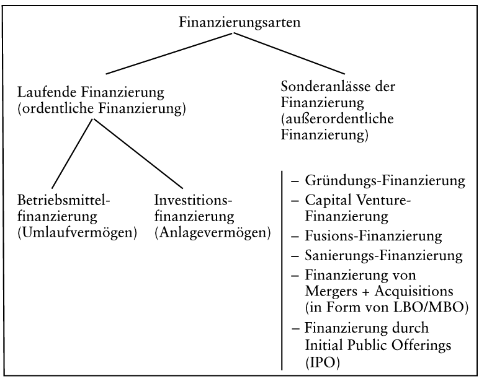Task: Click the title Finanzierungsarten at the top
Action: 239,22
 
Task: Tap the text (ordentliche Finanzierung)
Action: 101,109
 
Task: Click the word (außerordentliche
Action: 338,118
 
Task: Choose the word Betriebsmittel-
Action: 63,200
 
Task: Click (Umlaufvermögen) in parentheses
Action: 77,233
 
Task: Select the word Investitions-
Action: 193,200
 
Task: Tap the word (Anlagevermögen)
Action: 213,233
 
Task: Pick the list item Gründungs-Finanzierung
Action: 385,180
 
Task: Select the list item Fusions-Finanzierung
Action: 374,236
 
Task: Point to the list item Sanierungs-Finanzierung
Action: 383,255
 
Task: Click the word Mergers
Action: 331,292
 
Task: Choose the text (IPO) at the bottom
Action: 322,363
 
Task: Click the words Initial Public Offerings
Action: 378,346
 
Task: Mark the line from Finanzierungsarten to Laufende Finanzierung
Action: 169,53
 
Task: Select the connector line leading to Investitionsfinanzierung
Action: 138,154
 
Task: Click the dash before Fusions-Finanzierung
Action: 295,237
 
